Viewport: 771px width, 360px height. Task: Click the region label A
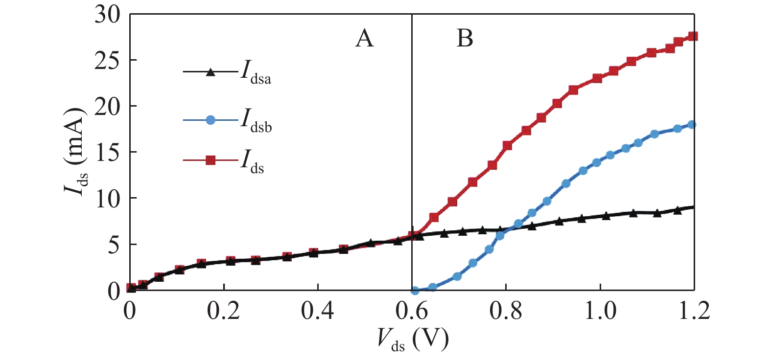[364, 38]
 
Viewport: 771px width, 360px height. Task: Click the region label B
[465, 38]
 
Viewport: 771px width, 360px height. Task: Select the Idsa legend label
[256, 73]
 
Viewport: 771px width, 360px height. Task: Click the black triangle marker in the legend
[210, 72]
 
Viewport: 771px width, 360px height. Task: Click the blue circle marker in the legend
[210, 120]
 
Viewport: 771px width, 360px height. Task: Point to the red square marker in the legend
[210, 160]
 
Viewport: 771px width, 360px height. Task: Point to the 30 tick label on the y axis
[107, 15]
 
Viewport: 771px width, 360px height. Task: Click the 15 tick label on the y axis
[107, 153]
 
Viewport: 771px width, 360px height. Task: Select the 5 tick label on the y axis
[114, 245]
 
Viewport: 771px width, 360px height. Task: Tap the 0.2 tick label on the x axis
[224, 311]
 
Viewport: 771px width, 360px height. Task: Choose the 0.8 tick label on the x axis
[506, 311]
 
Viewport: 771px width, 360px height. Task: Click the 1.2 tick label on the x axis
[694, 311]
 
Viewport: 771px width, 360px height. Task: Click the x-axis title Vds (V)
[412, 338]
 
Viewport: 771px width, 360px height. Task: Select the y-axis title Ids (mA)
[76, 152]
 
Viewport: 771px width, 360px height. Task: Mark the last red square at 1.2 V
[693, 36]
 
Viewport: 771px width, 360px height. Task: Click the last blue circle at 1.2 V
[692, 125]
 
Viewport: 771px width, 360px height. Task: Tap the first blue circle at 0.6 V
[415, 291]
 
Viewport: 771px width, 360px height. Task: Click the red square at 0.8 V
[507, 145]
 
